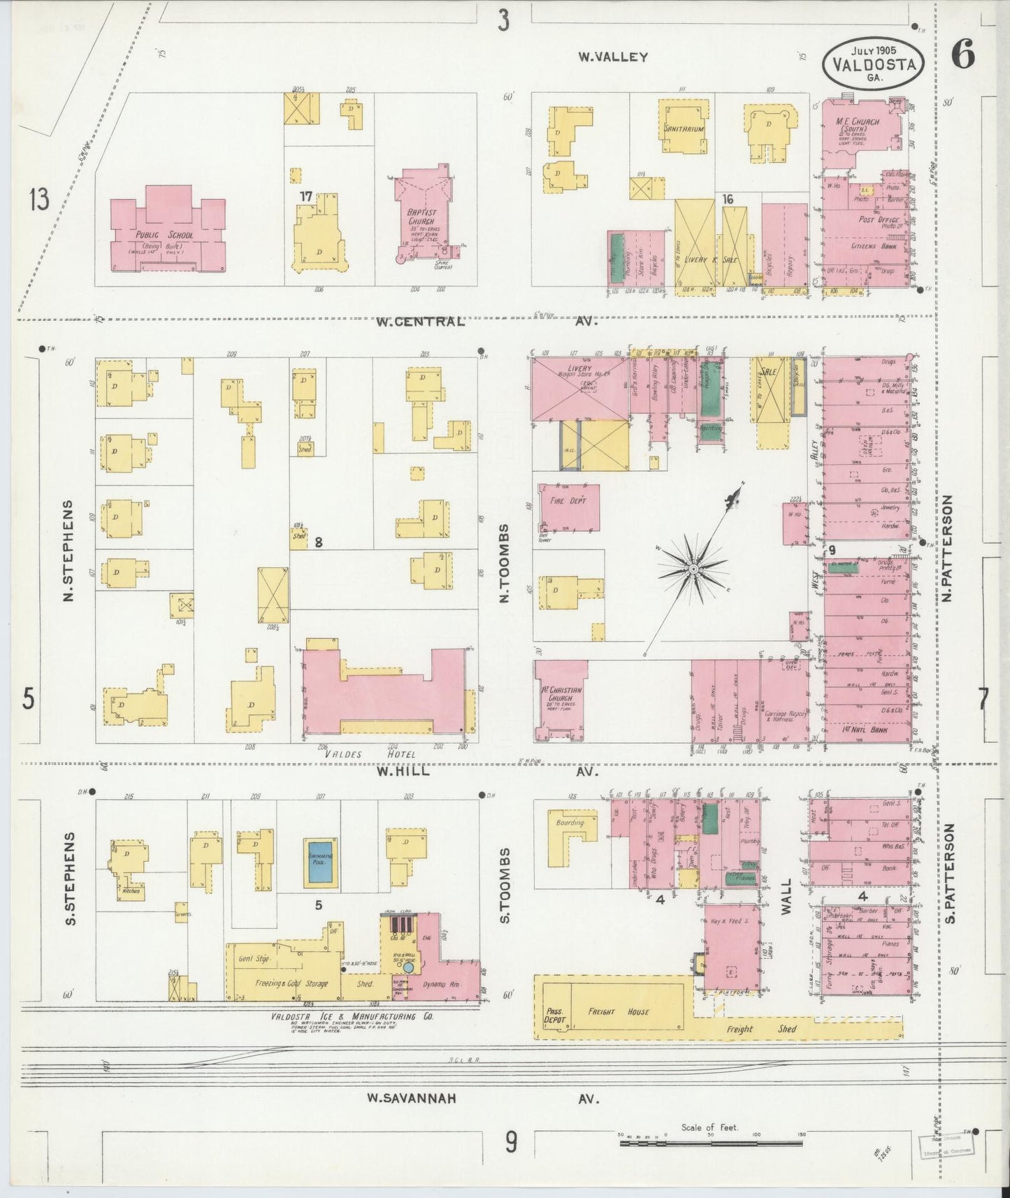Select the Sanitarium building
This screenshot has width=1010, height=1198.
click(x=684, y=130)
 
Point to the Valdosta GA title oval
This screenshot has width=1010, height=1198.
click(x=873, y=62)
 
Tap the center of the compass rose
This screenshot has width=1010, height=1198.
click(x=693, y=570)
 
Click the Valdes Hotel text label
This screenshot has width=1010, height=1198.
click(x=371, y=754)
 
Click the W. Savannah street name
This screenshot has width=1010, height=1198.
click(x=412, y=1099)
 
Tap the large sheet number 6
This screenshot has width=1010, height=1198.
click(x=963, y=56)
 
